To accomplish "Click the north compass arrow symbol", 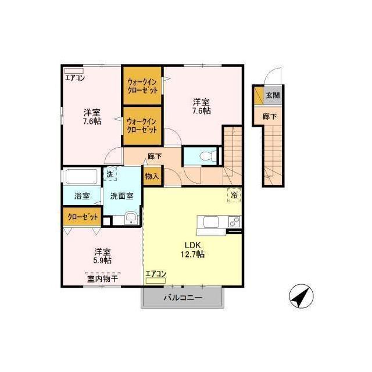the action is [301, 296].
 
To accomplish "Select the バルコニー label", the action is [183, 298].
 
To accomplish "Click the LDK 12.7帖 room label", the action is [193, 249].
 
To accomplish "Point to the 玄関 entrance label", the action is [273, 95].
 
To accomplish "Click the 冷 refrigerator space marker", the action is [234, 195].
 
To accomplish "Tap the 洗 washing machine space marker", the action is [110, 174].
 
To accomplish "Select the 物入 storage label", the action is [152, 176].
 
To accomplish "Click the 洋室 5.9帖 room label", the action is [103, 256].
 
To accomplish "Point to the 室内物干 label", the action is [102, 279].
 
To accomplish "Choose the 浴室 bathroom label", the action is [82, 196].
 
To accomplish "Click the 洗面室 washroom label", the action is [121, 196].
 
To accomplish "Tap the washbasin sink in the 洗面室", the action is [131, 219].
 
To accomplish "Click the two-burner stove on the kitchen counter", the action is [234, 222].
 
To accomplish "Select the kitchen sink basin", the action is [211, 222].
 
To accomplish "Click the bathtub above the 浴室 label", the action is [81, 176].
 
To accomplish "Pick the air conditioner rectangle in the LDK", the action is [156, 281].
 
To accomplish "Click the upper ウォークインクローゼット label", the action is [142, 86].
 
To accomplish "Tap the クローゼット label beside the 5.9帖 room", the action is [83, 217].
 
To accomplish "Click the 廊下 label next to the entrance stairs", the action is [270, 116].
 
